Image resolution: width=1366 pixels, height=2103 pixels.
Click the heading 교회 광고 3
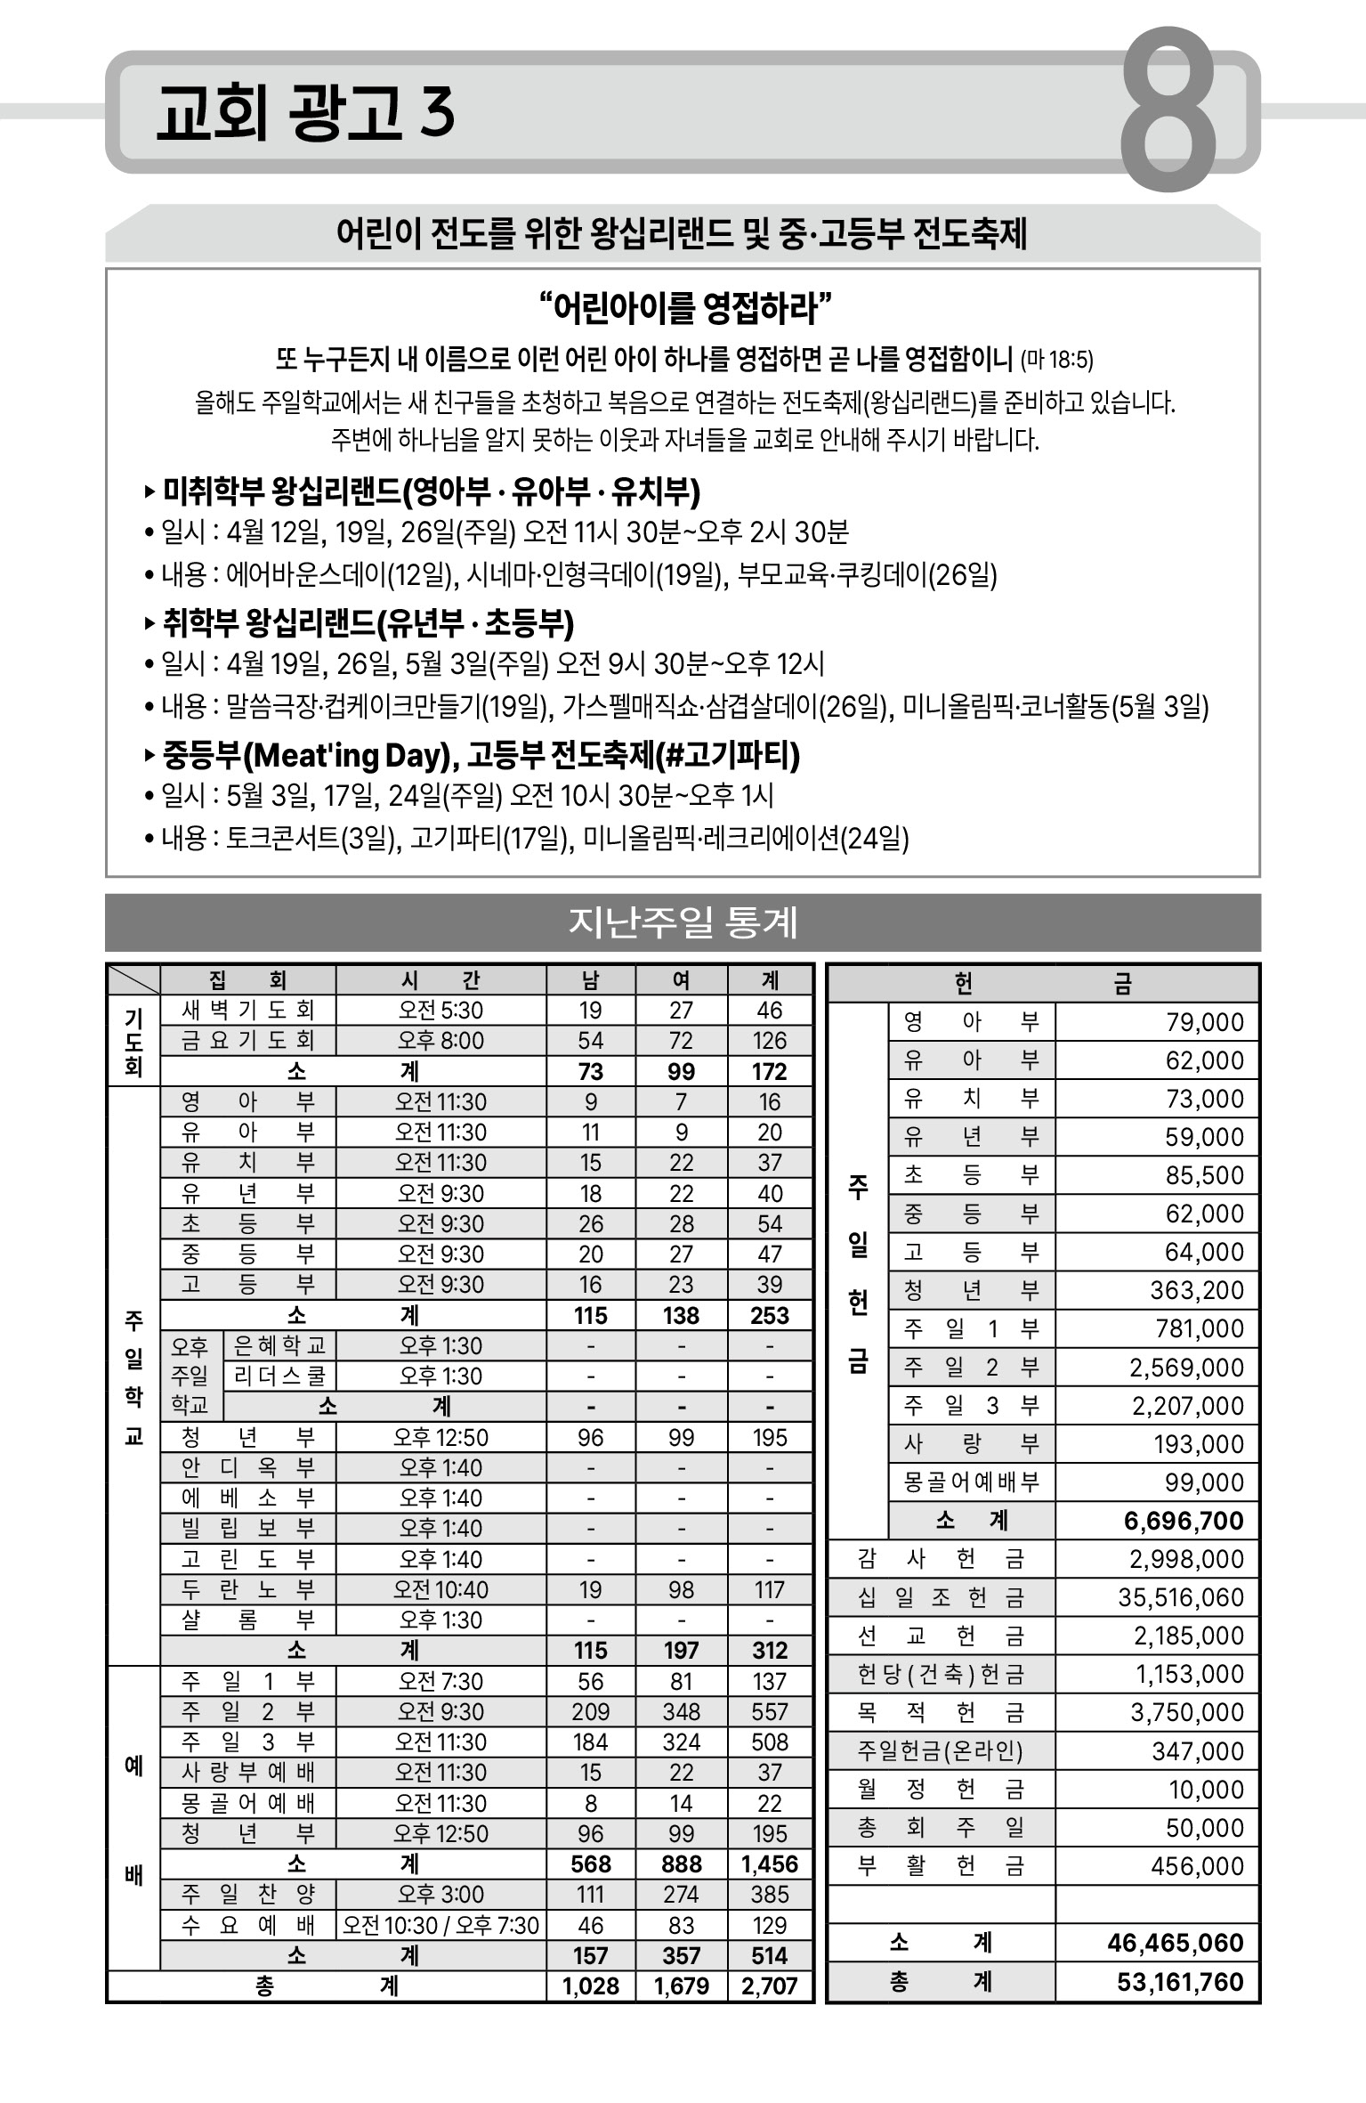coord(305,113)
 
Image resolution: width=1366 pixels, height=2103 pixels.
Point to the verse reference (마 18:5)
coord(1056,360)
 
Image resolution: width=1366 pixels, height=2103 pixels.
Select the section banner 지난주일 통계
coord(683,922)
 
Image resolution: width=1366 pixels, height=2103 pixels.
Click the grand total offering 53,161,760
coord(1179,1982)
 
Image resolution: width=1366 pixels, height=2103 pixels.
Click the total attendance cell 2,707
coord(769,1986)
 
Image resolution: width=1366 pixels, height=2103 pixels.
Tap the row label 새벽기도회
coord(247,1010)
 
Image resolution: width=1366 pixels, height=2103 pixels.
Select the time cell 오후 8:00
coord(441,1040)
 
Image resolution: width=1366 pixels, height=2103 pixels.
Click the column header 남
coord(590,980)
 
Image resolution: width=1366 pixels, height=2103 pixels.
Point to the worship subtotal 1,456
coord(769,1864)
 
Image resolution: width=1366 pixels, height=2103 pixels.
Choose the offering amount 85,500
coord(1204,1175)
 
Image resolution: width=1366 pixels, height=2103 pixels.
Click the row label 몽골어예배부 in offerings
coord(971,1482)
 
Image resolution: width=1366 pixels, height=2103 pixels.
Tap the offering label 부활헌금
coord(941,1865)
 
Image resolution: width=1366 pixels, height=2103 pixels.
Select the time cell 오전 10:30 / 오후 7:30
coord(441,1925)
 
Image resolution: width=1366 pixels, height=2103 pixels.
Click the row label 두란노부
coord(247,1589)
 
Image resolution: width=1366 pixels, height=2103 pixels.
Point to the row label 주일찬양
coord(247,1894)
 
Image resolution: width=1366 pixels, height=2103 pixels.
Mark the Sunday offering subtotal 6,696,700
coord(1183,1521)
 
